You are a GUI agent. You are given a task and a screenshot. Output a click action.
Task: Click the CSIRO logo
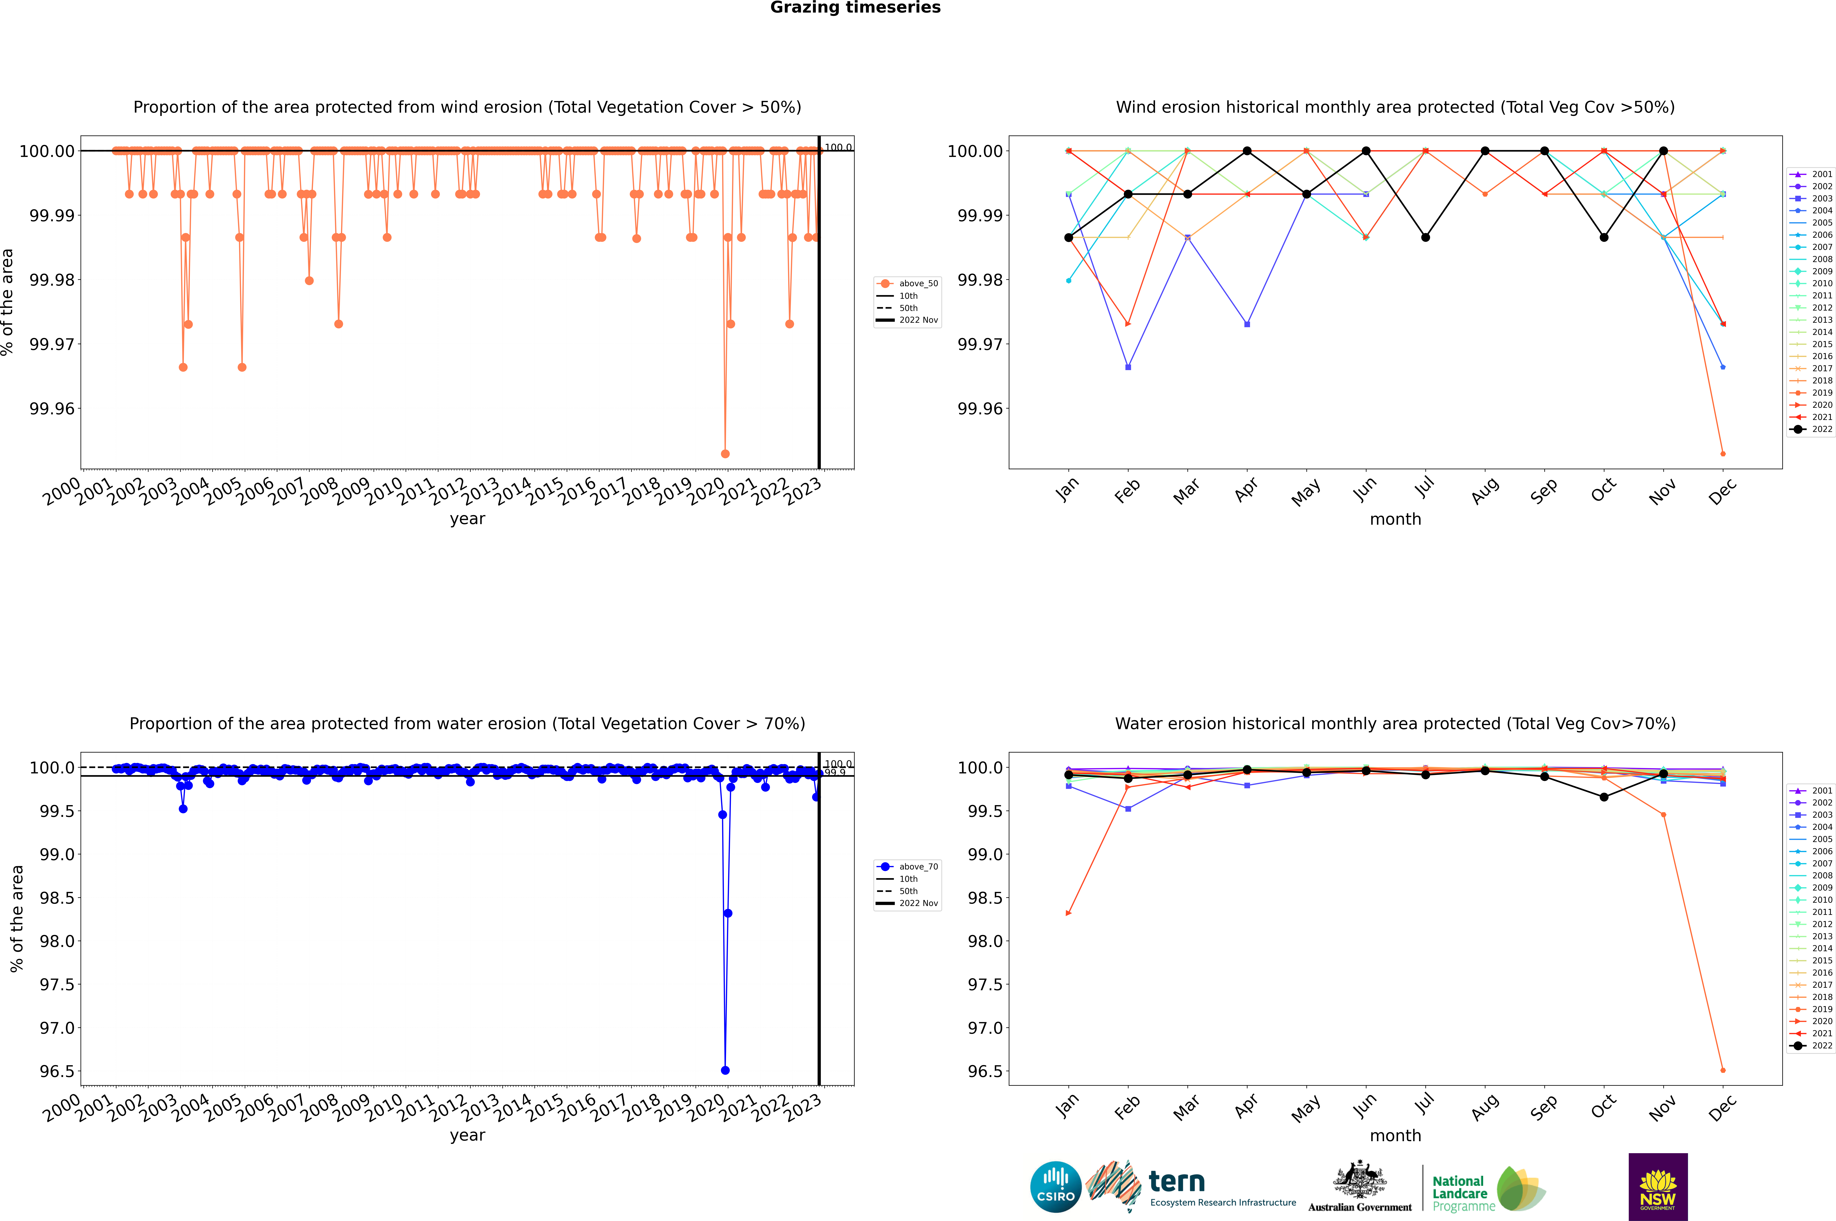1055,1187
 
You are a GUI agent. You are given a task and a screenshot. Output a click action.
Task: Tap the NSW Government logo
1658,1187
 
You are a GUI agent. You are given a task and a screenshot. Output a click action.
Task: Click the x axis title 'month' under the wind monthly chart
1395,519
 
